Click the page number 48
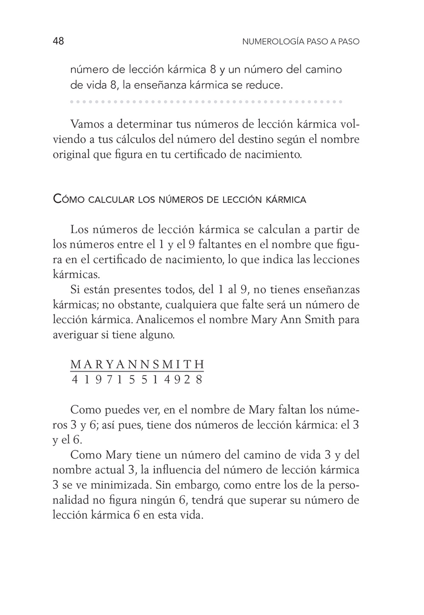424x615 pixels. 58,41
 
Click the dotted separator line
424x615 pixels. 206,102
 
